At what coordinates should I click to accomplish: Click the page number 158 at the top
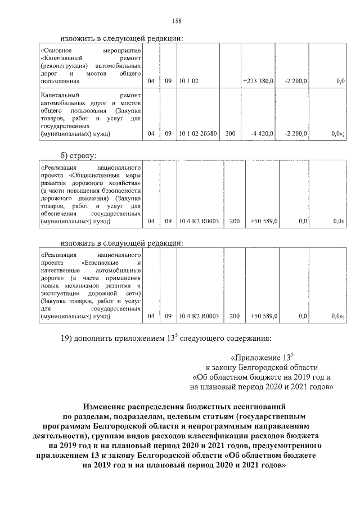(179, 21)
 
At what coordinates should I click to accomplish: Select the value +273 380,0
(258, 82)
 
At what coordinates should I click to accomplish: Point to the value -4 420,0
(262, 134)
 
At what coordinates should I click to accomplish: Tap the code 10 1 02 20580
(197, 134)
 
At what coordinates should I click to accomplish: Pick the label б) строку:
(79, 155)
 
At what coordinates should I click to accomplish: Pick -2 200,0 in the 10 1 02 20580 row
(296, 134)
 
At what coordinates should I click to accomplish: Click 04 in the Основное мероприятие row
(151, 82)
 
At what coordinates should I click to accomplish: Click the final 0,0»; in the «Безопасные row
(337, 317)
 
